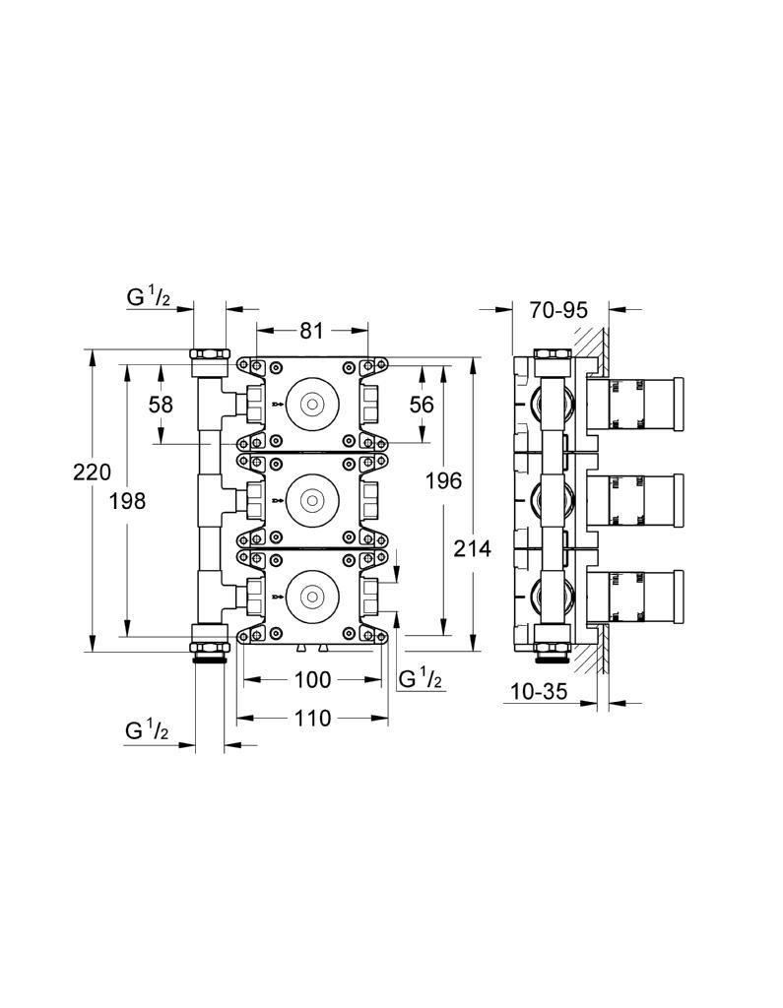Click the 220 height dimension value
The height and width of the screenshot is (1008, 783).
pyautogui.click(x=92, y=472)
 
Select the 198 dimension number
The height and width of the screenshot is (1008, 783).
pyautogui.click(x=127, y=501)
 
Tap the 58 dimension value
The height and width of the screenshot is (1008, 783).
pyautogui.click(x=161, y=405)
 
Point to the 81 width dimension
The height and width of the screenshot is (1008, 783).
pyautogui.click(x=311, y=331)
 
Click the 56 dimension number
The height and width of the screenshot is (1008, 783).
pyautogui.click(x=422, y=404)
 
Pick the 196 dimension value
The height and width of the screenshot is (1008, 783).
pyautogui.click(x=444, y=480)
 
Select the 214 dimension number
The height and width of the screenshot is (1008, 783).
pyautogui.click(x=473, y=548)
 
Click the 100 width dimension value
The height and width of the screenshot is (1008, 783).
pyautogui.click(x=312, y=679)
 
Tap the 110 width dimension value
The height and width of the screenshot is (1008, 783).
pyautogui.click(x=312, y=718)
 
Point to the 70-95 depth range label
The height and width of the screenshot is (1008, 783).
pyautogui.click(x=558, y=310)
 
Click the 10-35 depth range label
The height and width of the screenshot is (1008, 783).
pyautogui.click(x=539, y=692)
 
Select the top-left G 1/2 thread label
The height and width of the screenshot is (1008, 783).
pyautogui.click(x=149, y=297)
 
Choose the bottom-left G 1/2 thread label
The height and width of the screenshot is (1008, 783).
pyautogui.click(x=148, y=730)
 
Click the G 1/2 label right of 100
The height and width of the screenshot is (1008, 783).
pyautogui.click(x=421, y=679)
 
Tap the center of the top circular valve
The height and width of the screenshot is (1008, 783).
pyautogui.click(x=312, y=405)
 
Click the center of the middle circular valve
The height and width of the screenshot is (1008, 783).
pyautogui.click(x=312, y=501)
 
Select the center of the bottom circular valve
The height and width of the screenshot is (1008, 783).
pyautogui.click(x=312, y=596)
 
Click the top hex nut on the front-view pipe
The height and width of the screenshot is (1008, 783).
pyautogui.click(x=210, y=353)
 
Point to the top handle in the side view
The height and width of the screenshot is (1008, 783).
pyautogui.click(x=635, y=404)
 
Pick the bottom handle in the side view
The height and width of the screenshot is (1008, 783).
pyautogui.click(x=635, y=596)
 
